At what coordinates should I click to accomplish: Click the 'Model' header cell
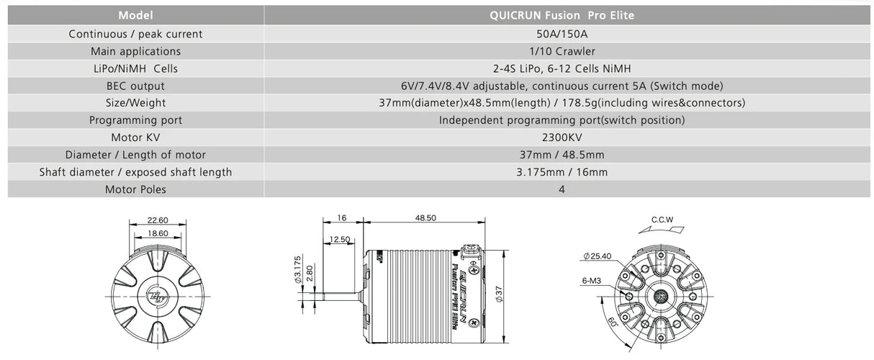[135, 15]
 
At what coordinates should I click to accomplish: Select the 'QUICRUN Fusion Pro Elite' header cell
[562, 15]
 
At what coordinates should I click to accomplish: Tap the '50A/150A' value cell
[562, 34]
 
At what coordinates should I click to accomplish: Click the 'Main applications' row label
[135, 51]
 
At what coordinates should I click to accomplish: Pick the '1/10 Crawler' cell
[562, 51]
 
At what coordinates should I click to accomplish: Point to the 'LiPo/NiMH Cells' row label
[135, 68]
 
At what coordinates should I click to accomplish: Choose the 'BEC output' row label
[135, 86]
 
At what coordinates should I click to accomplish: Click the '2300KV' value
[562, 137]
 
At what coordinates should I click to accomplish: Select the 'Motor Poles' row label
[135, 189]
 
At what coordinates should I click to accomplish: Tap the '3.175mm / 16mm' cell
[562, 172]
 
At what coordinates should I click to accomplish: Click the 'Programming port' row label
[135, 120]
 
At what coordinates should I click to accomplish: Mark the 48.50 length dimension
[425, 218]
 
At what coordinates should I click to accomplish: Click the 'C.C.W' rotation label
[662, 220]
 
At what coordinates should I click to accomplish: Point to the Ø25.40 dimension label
[599, 256]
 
